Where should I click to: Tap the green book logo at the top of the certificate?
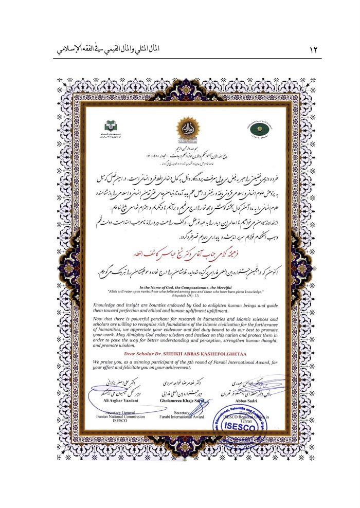(111, 125)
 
